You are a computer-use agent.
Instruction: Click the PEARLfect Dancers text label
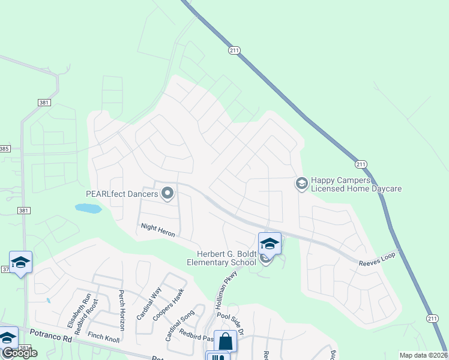[122, 194]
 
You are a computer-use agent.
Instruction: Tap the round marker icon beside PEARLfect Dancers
[167, 194]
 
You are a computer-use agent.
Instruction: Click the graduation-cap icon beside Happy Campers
[302, 184]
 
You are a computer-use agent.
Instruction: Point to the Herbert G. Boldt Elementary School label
[224, 257]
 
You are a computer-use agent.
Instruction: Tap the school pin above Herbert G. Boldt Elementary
[270, 243]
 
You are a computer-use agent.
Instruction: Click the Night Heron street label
[158, 230]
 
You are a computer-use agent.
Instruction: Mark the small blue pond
[88, 208]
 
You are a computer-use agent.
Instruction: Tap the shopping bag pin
[226, 341]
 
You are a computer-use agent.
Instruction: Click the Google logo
[20, 353]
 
